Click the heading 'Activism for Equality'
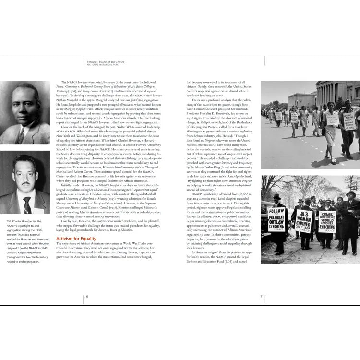pyautogui.click(x=76, y=238)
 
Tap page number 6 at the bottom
pyautogui.click(x=87, y=296)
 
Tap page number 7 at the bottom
pyautogui.click(x=261, y=296)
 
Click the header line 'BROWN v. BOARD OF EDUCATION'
pyautogui.click(x=105, y=62)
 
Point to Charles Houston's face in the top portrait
pyautogui.click(x=24, y=105)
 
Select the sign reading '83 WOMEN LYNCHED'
pyautogui.click(x=304, y=221)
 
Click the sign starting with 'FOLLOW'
pyautogui.click(x=276, y=219)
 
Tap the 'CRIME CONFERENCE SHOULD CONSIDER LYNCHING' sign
pyautogui.click(x=327, y=221)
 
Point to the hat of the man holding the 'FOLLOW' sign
pyautogui.click(x=277, y=197)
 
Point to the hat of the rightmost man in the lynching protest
pyautogui.click(x=351, y=194)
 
